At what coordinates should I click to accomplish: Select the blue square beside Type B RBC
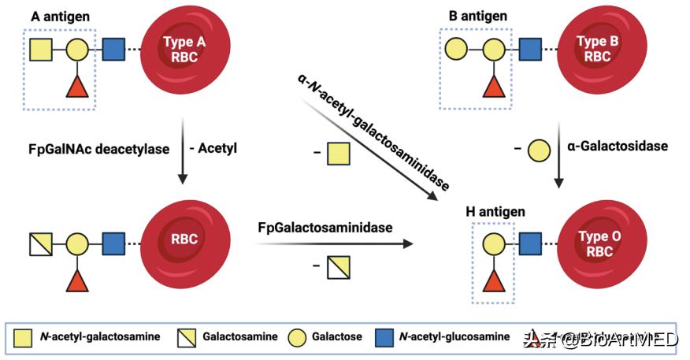coord(529,51)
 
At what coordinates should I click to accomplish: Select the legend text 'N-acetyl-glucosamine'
coord(454,337)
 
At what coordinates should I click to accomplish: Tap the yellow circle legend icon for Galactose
coord(296,337)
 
